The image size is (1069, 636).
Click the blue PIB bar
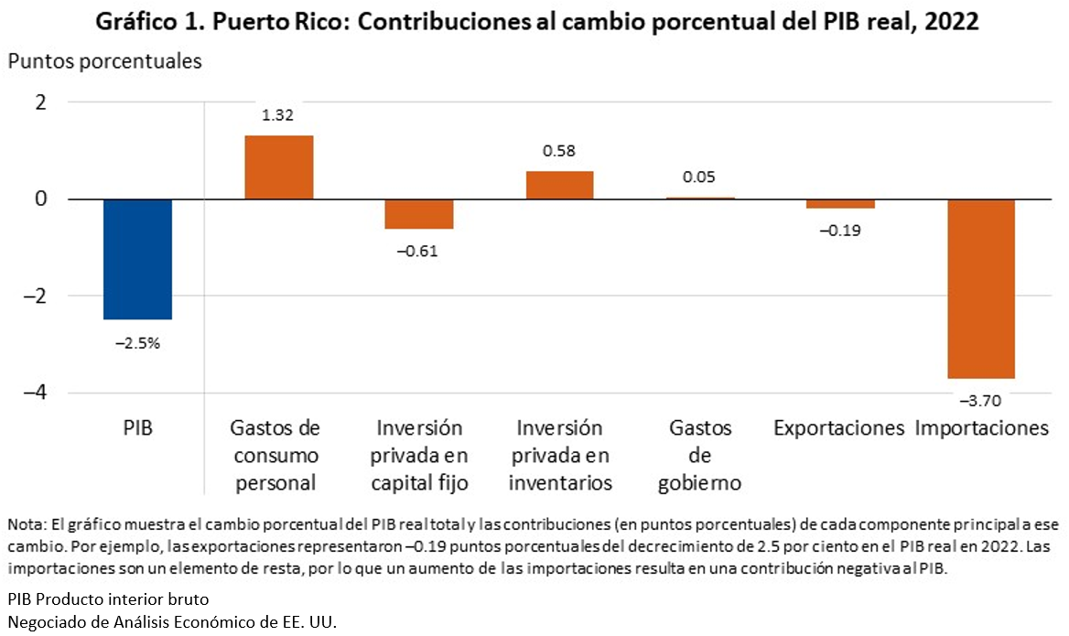[137, 259]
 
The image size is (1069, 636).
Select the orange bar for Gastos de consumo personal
[278, 167]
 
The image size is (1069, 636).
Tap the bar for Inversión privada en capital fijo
[419, 214]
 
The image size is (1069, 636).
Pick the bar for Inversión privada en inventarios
[559, 185]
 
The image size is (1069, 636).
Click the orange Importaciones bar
[981, 288]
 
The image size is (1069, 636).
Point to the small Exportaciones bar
[840, 204]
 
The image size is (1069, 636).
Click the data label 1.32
[278, 115]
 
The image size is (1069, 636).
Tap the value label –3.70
[981, 401]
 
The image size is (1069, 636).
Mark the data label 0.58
[559, 151]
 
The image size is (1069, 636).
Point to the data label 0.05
[700, 178]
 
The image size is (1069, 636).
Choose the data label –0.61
[419, 252]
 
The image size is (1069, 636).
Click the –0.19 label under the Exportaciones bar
[840, 231]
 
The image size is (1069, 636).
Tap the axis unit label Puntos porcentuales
[104, 62]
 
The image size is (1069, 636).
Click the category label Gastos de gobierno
[700, 456]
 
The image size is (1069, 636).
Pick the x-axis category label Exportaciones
[838, 428]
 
